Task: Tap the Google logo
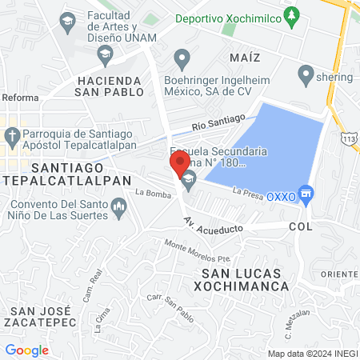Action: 27,350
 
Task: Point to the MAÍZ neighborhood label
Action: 244,58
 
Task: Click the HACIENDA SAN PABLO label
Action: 110,86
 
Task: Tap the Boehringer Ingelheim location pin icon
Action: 182,58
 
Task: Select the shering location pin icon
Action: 304,76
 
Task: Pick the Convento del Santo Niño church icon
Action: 118,209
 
